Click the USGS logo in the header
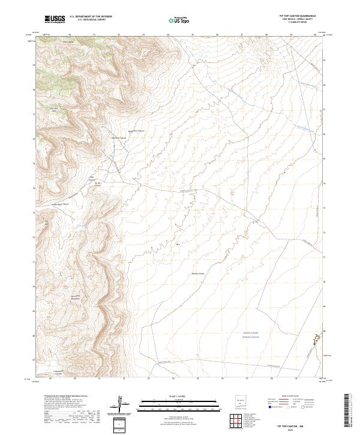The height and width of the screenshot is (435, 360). point(55,19)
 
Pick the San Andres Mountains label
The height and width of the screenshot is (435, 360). point(75,298)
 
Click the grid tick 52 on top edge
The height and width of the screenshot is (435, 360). point(119,35)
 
